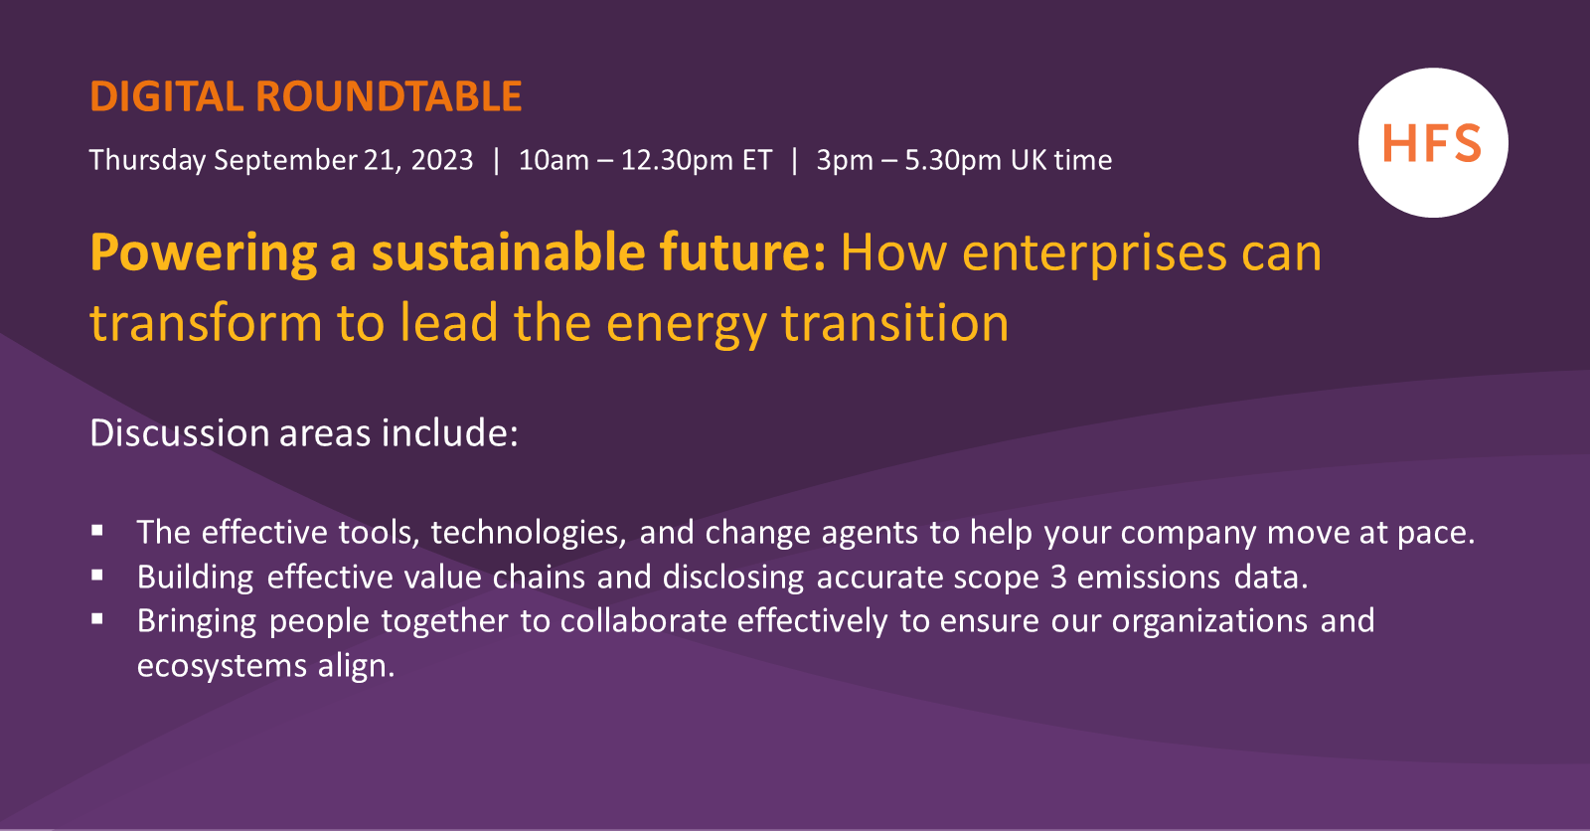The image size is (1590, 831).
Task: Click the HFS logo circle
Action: (x=1433, y=143)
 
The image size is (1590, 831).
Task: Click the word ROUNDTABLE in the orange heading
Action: (x=389, y=97)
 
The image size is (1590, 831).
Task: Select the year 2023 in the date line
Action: (x=442, y=160)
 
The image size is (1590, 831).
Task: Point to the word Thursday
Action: (x=147, y=160)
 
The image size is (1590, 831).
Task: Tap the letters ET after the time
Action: (x=757, y=160)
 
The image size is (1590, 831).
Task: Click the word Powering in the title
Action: (x=203, y=253)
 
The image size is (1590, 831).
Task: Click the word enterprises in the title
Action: (x=1093, y=253)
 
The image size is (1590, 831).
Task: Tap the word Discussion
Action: (x=179, y=433)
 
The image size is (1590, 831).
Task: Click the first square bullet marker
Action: (x=97, y=531)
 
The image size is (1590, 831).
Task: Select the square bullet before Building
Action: (x=97, y=575)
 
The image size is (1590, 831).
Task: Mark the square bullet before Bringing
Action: (x=97, y=618)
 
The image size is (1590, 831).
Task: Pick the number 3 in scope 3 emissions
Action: (x=1057, y=578)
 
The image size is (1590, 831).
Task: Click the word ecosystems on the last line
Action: (x=222, y=665)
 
